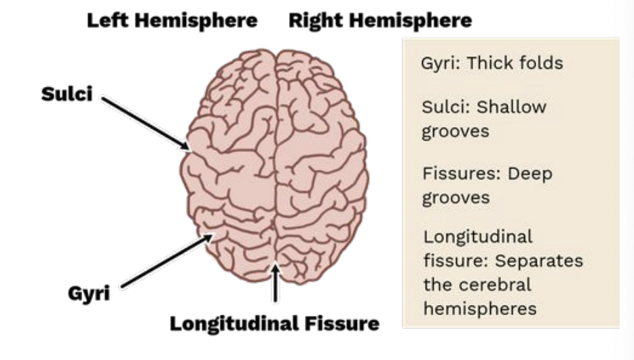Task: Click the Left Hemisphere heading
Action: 172,20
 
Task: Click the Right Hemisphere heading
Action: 380,20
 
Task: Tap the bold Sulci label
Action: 67,94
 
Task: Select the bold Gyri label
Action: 89,295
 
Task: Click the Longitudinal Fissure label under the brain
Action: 274,323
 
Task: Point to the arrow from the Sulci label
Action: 146,122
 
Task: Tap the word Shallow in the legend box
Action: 510,107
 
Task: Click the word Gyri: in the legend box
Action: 440,64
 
